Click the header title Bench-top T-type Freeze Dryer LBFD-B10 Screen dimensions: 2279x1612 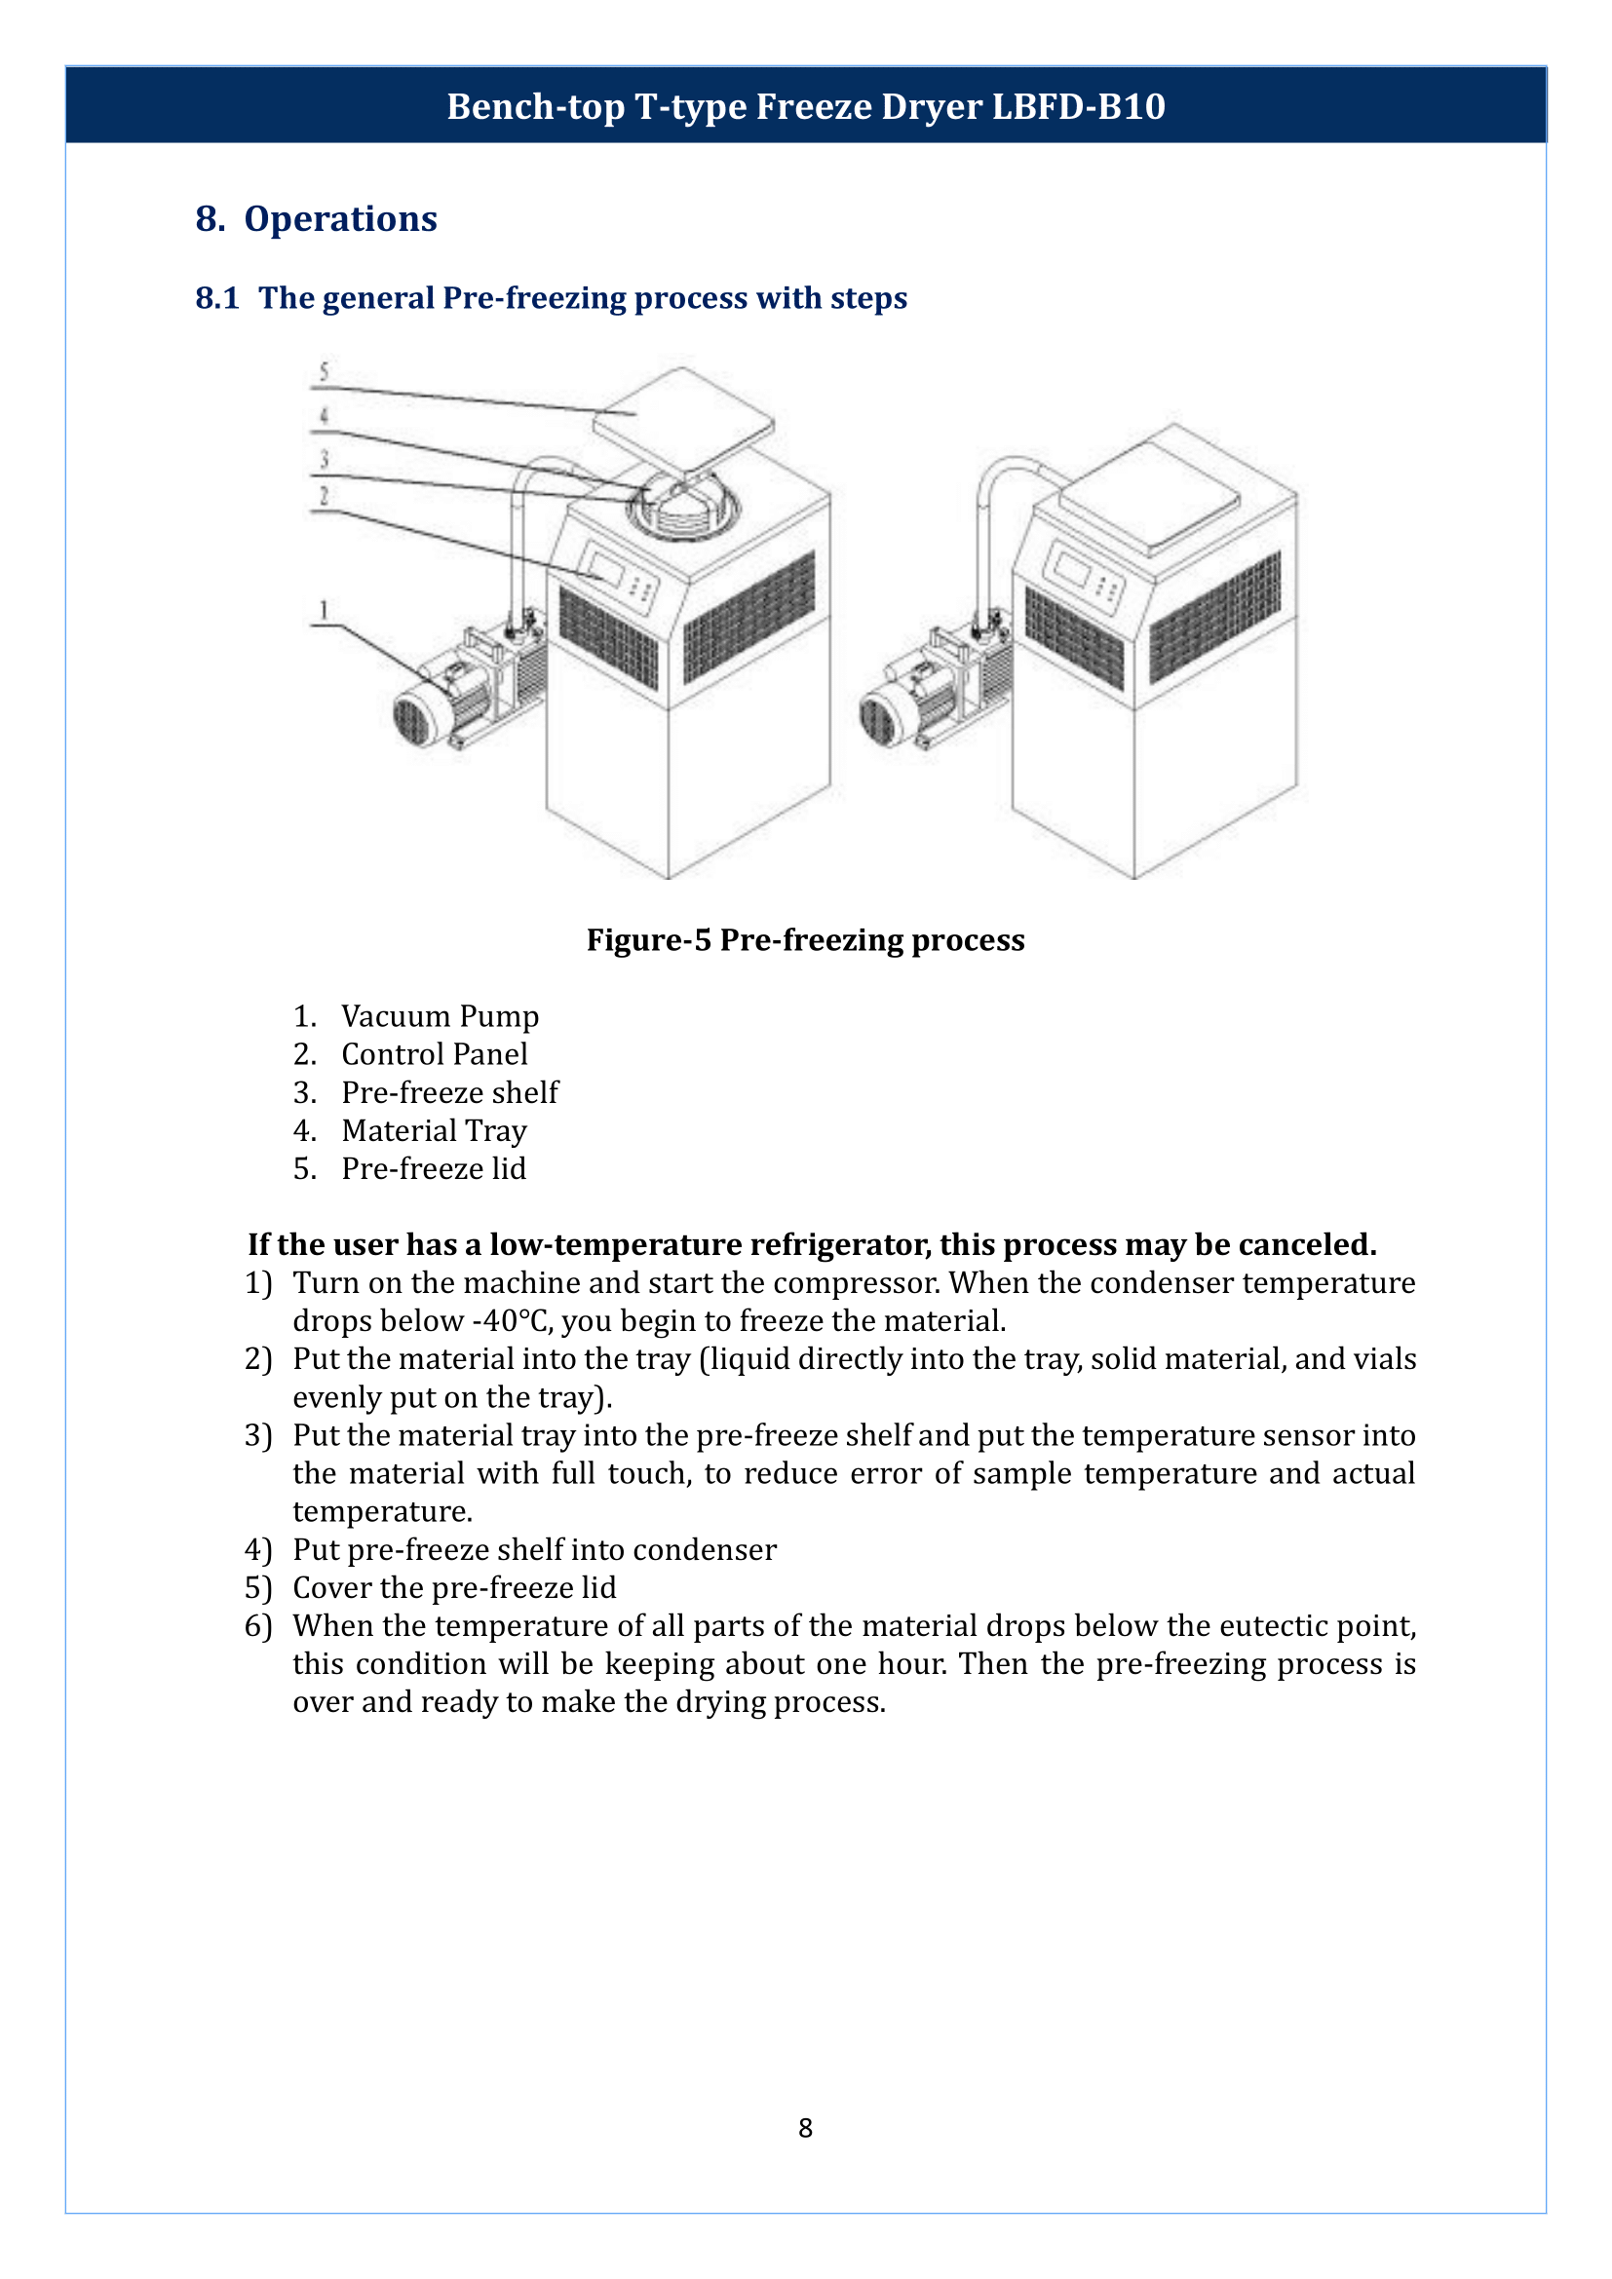point(805,106)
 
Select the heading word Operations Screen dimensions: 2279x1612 point(339,218)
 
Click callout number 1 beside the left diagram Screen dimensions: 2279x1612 point(324,608)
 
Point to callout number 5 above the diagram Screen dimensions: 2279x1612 point(324,371)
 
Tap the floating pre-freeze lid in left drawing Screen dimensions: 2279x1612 point(683,417)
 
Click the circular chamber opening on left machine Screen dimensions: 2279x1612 point(683,510)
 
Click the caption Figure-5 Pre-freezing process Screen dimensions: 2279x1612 point(805,939)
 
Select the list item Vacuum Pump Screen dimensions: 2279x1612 point(440,1015)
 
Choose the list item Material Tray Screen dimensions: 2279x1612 point(434,1129)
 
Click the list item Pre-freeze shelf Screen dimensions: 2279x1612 point(449,1092)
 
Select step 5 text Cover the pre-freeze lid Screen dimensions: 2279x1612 point(453,1587)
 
